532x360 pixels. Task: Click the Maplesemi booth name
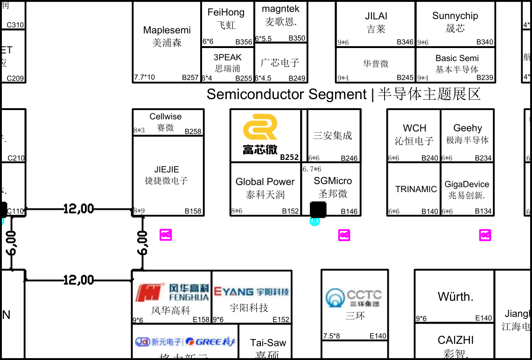point(167,30)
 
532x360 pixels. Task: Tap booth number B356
point(244,42)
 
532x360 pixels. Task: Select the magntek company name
point(280,9)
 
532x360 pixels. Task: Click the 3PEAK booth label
point(228,57)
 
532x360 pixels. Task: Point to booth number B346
point(405,42)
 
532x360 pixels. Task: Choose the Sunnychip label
point(455,16)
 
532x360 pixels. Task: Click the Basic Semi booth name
point(457,58)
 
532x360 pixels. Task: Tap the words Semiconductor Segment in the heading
point(287,94)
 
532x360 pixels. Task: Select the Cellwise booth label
point(165,117)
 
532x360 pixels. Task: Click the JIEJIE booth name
point(167,170)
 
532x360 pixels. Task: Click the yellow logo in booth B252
point(260,127)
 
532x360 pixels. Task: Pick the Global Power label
point(265,182)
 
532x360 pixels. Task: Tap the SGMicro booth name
point(333,181)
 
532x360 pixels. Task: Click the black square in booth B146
point(318,209)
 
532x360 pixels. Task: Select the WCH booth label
point(414,128)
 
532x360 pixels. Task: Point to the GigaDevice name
point(467,184)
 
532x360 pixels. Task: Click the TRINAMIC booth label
point(416,189)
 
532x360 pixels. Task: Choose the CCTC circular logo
point(335,297)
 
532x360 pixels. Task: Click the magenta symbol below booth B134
point(485,235)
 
